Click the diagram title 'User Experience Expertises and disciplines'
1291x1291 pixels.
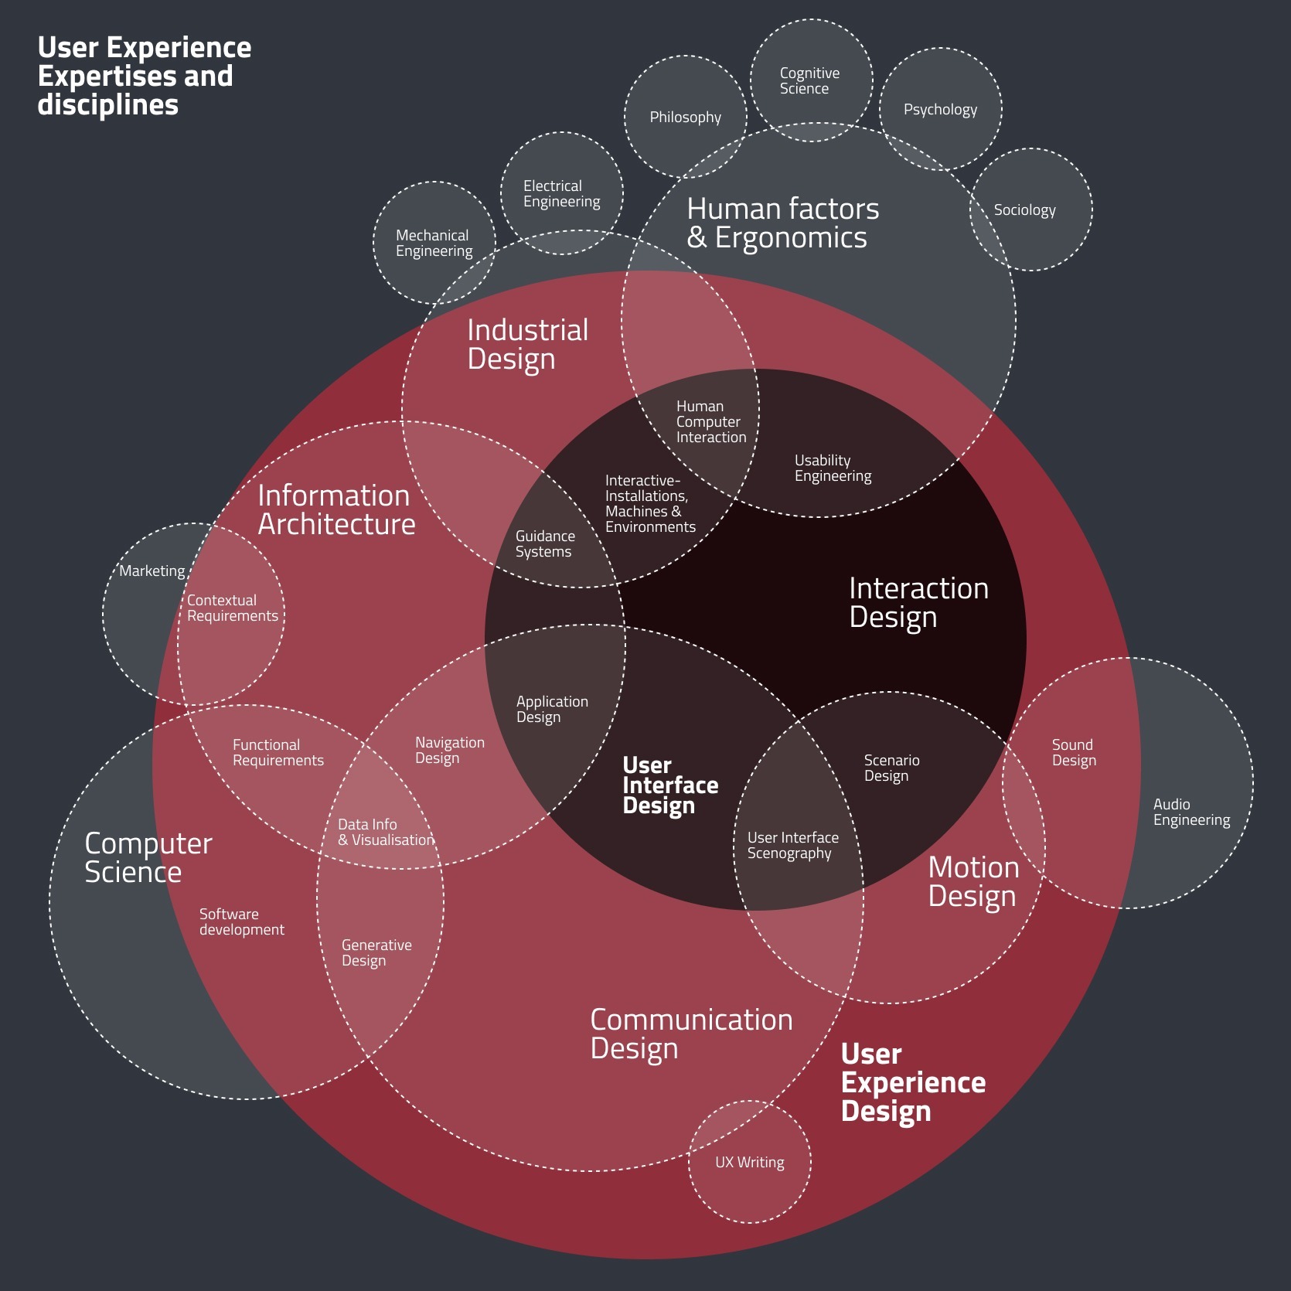(145, 76)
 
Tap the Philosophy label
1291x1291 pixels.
(685, 118)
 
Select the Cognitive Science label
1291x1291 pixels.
(809, 80)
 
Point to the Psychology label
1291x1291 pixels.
(940, 110)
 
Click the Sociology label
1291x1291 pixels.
(1024, 210)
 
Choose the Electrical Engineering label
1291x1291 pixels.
(561, 193)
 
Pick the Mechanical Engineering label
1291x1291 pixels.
(434, 243)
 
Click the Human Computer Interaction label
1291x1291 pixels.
(711, 421)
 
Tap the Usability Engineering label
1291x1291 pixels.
(833, 468)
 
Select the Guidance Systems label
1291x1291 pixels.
(545, 543)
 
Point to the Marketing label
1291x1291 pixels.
(152, 571)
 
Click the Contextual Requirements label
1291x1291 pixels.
(232, 608)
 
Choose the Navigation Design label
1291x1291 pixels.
(450, 750)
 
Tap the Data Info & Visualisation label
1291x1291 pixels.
(386, 832)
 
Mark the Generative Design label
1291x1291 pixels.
(376, 952)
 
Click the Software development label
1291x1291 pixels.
(242, 921)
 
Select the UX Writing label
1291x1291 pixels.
(749, 1163)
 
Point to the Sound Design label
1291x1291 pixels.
(1074, 752)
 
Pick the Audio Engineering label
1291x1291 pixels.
(1191, 812)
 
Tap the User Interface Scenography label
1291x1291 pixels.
(792, 845)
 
